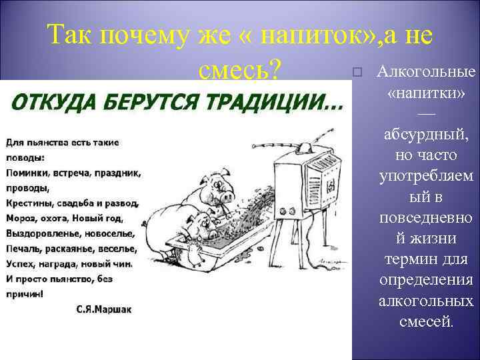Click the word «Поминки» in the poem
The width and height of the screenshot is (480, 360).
[x=27, y=173]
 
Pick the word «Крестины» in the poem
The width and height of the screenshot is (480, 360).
[x=30, y=203]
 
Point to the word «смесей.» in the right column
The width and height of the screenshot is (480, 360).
[x=425, y=321]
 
